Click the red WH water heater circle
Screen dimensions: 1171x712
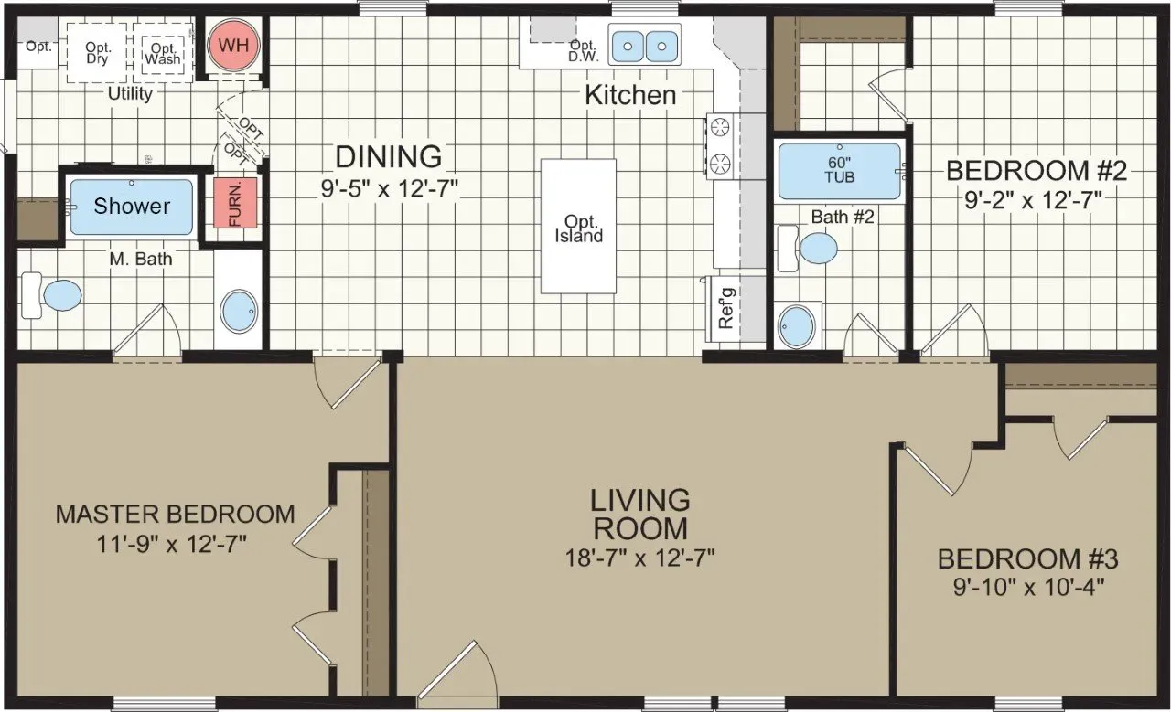(x=233, y=46)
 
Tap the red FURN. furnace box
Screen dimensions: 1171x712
(x=235, y=203)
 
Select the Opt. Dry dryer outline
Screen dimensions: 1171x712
(x=97, y=53)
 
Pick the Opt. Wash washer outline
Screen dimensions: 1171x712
(x=163, y=53)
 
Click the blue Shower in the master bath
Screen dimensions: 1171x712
(x=132, y=207)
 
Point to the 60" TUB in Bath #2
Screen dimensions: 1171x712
(x=840, y=171)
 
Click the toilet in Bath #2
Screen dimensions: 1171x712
(x=807, y=248)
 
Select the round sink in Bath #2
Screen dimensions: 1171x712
(x=797, y=325)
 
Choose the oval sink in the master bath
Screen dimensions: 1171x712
(x=240, y=311)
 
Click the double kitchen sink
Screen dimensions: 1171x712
(x=645, y=45)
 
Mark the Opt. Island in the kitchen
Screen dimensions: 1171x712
(x=578, y=226)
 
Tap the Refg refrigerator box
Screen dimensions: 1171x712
(x=726, y=309)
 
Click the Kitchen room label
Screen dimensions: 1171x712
(x=630, y=95)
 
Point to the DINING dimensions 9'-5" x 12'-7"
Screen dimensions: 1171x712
(x=389, y=188)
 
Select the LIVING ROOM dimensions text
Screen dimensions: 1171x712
(x=639, y=558)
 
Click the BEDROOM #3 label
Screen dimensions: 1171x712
(x=1027, y=558)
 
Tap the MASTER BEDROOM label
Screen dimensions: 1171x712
(x=175, y=514)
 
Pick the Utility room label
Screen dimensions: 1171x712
(x=130, y=94)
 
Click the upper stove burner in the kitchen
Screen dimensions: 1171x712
(x=720, y=127)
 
